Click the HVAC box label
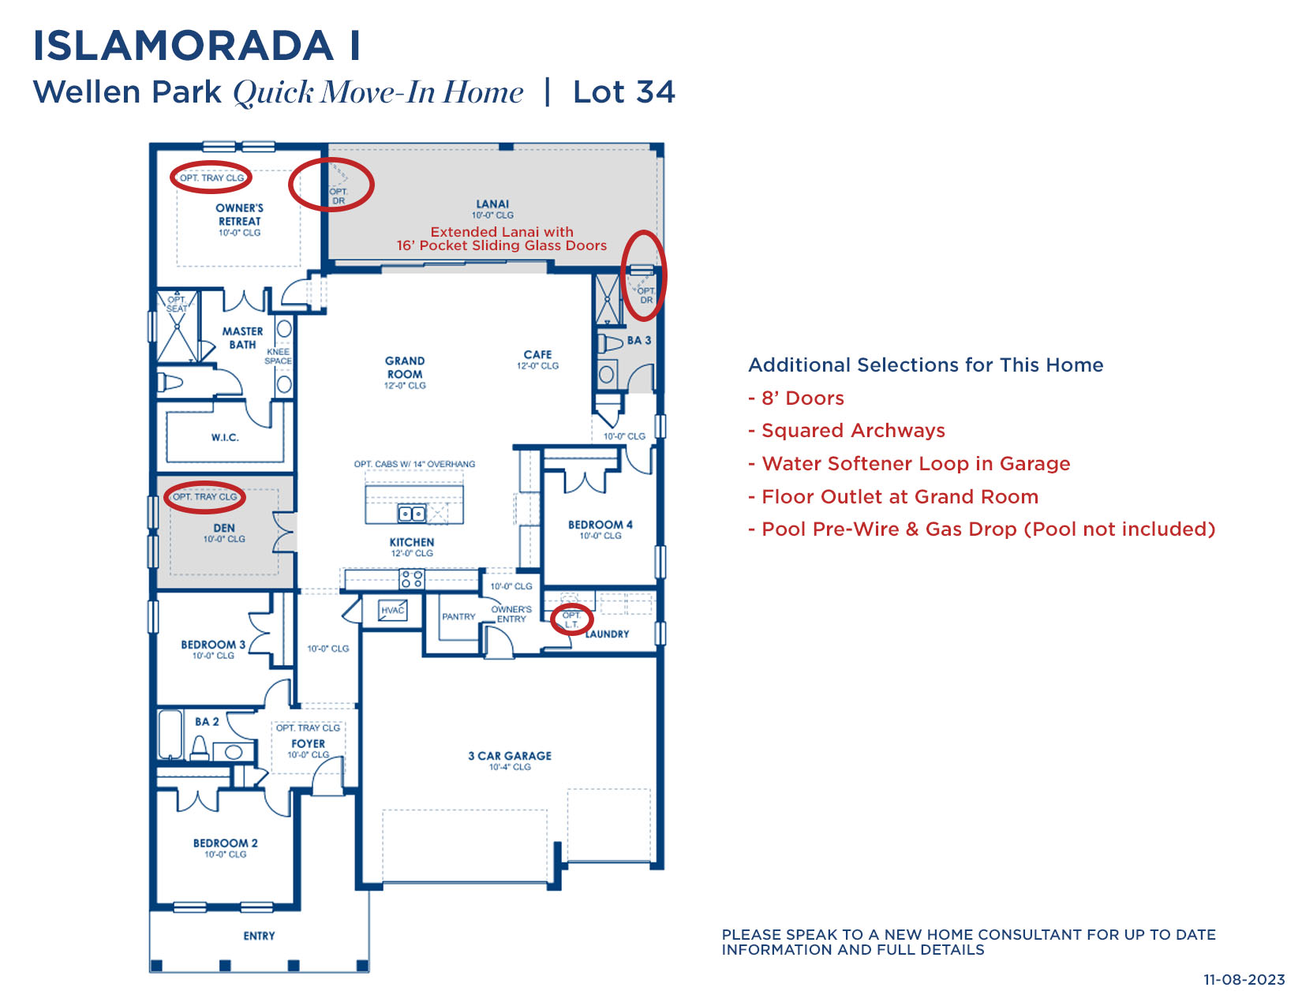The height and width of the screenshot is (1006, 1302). point(392,611)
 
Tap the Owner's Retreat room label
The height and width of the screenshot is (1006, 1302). point(239,215)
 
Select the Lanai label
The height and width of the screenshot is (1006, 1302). point(492,204)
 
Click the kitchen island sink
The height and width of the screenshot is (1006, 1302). point(412,514)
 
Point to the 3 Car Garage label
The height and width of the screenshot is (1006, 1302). point(509,756)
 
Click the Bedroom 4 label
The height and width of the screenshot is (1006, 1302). point(600,524)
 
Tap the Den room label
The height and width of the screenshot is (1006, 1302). point(223,528)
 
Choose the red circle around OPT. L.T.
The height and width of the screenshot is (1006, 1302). point(571,619)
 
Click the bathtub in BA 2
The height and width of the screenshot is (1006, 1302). point(170,735)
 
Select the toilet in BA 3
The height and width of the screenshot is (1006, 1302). point(610,344)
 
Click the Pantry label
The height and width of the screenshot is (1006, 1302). point(458,616)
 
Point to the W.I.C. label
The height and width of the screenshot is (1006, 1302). point(225,437)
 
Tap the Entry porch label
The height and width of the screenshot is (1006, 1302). point(259,935)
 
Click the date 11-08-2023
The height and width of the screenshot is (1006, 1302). point(1244,979)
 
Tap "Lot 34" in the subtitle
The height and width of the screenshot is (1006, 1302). point(623,92)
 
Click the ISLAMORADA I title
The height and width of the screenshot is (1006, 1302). point(196,46)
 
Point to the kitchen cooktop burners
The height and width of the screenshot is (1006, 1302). point(412,579)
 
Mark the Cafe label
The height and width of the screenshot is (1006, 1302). point(537,354)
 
